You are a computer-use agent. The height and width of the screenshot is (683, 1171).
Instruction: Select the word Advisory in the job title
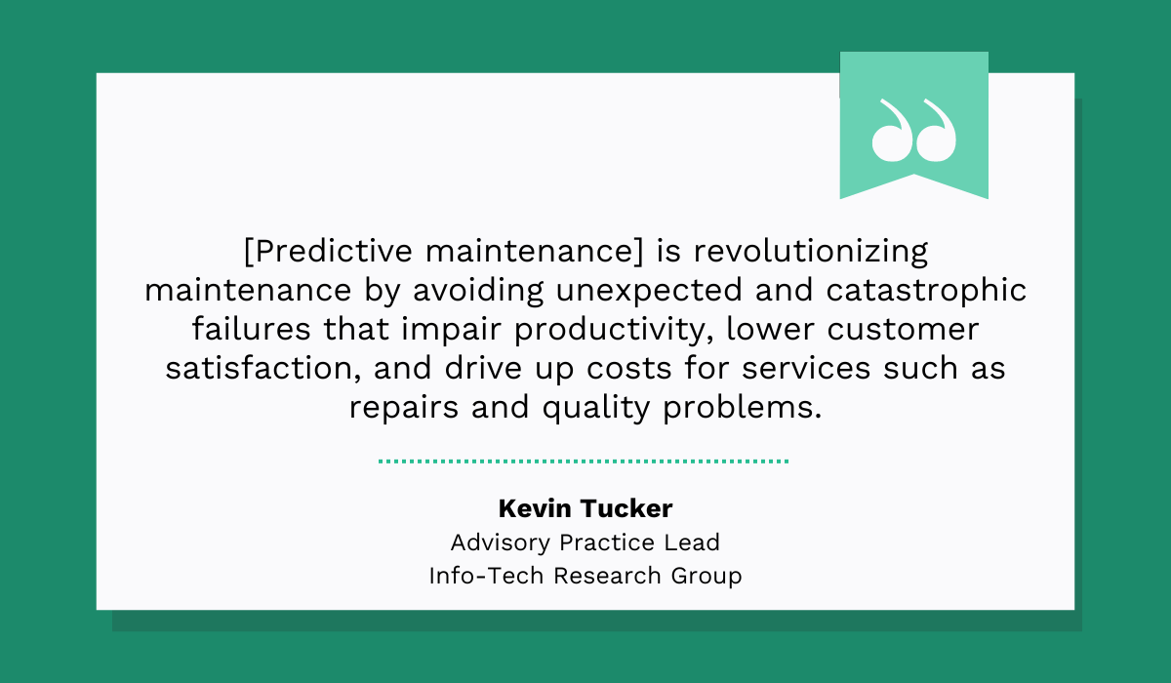tap(496, 542)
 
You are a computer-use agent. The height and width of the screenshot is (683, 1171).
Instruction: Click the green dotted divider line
tap(584, 461)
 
